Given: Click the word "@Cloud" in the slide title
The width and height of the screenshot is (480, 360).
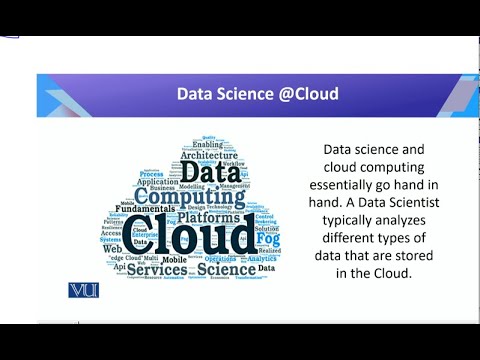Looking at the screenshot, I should point(305,94).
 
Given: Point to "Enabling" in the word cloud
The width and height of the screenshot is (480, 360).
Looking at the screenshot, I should point(209,144).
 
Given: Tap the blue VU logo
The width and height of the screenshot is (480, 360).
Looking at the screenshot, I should point(82,290).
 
